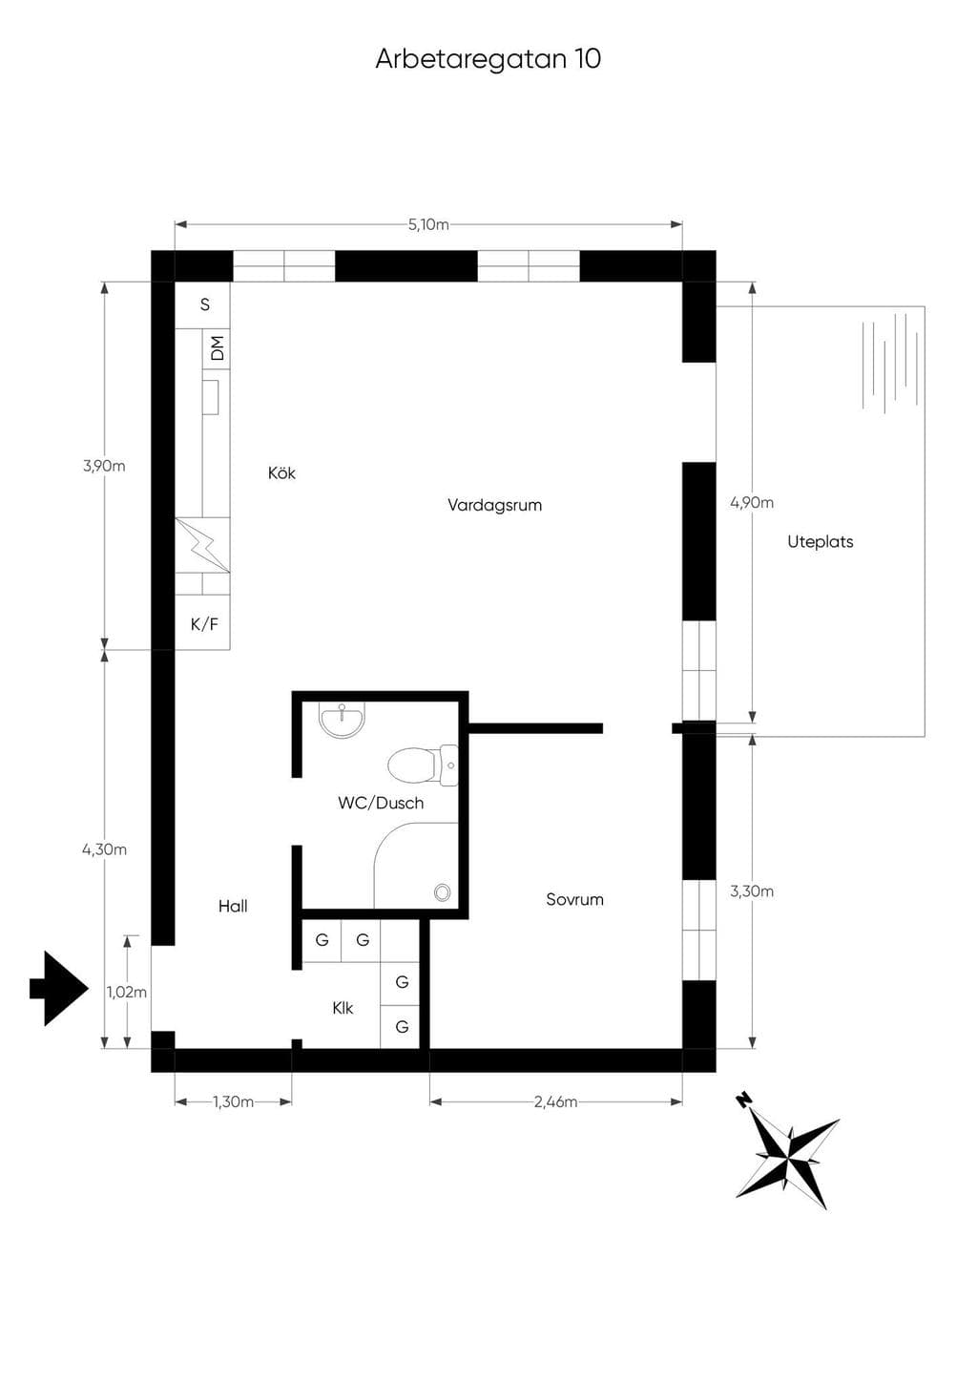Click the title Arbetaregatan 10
[488, 59]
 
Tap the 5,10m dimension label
[428, 224]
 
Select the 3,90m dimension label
[104, 466]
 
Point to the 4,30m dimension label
[104, 849]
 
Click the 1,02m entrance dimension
[127, 993]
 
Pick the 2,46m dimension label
[556, 1102]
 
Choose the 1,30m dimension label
[234, 1102]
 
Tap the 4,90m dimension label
[752, 503]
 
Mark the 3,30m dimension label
[752, 891]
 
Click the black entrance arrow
[60, 989]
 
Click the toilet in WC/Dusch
[423, 765]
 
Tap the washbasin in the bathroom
[342, 720]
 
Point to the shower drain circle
[442, 892]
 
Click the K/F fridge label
[204, 624]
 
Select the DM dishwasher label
[218, 348]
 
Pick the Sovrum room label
[574, 899]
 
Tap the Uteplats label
[821, 542]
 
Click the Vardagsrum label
[494, 505]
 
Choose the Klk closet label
[343, 1008]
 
